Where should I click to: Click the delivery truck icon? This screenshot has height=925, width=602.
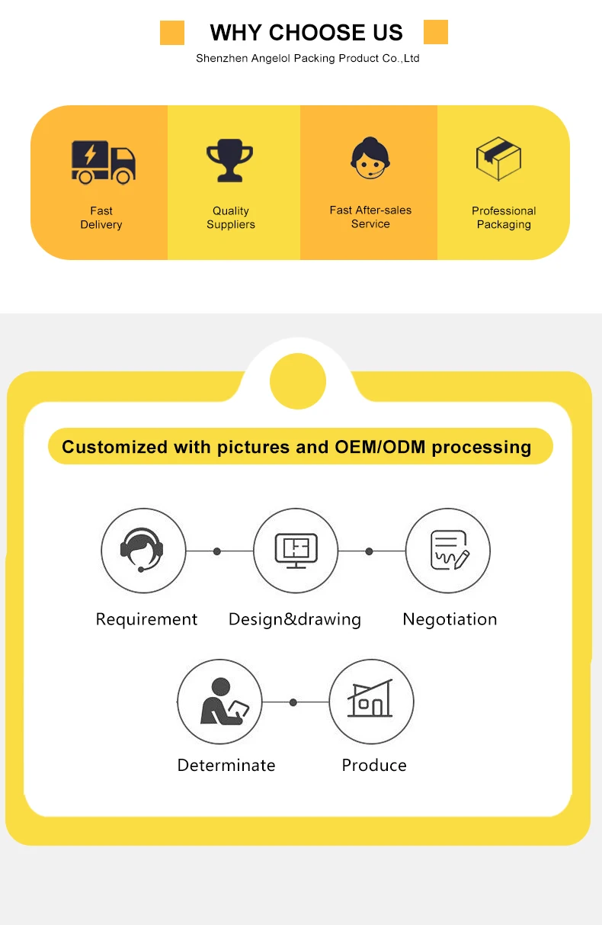103,162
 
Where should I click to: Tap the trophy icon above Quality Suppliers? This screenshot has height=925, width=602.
229,159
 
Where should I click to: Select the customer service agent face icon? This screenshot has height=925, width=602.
370,159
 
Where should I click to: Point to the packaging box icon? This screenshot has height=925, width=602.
498,159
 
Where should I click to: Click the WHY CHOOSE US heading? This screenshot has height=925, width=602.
306,33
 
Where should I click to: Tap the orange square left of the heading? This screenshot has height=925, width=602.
172,32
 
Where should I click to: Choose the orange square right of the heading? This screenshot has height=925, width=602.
436,32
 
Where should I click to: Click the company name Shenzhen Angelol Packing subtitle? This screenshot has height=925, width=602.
308,59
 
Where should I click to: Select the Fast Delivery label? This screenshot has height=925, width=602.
101,217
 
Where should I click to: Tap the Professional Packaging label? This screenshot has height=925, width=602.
504,217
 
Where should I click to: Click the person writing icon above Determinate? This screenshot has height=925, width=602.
219,702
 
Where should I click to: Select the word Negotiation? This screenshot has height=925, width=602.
450,619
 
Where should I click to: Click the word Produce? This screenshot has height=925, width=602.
374,765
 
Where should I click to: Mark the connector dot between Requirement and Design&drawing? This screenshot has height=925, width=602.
217,551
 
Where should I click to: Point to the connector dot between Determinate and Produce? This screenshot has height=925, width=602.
293,702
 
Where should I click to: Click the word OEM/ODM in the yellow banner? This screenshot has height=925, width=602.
380,447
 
